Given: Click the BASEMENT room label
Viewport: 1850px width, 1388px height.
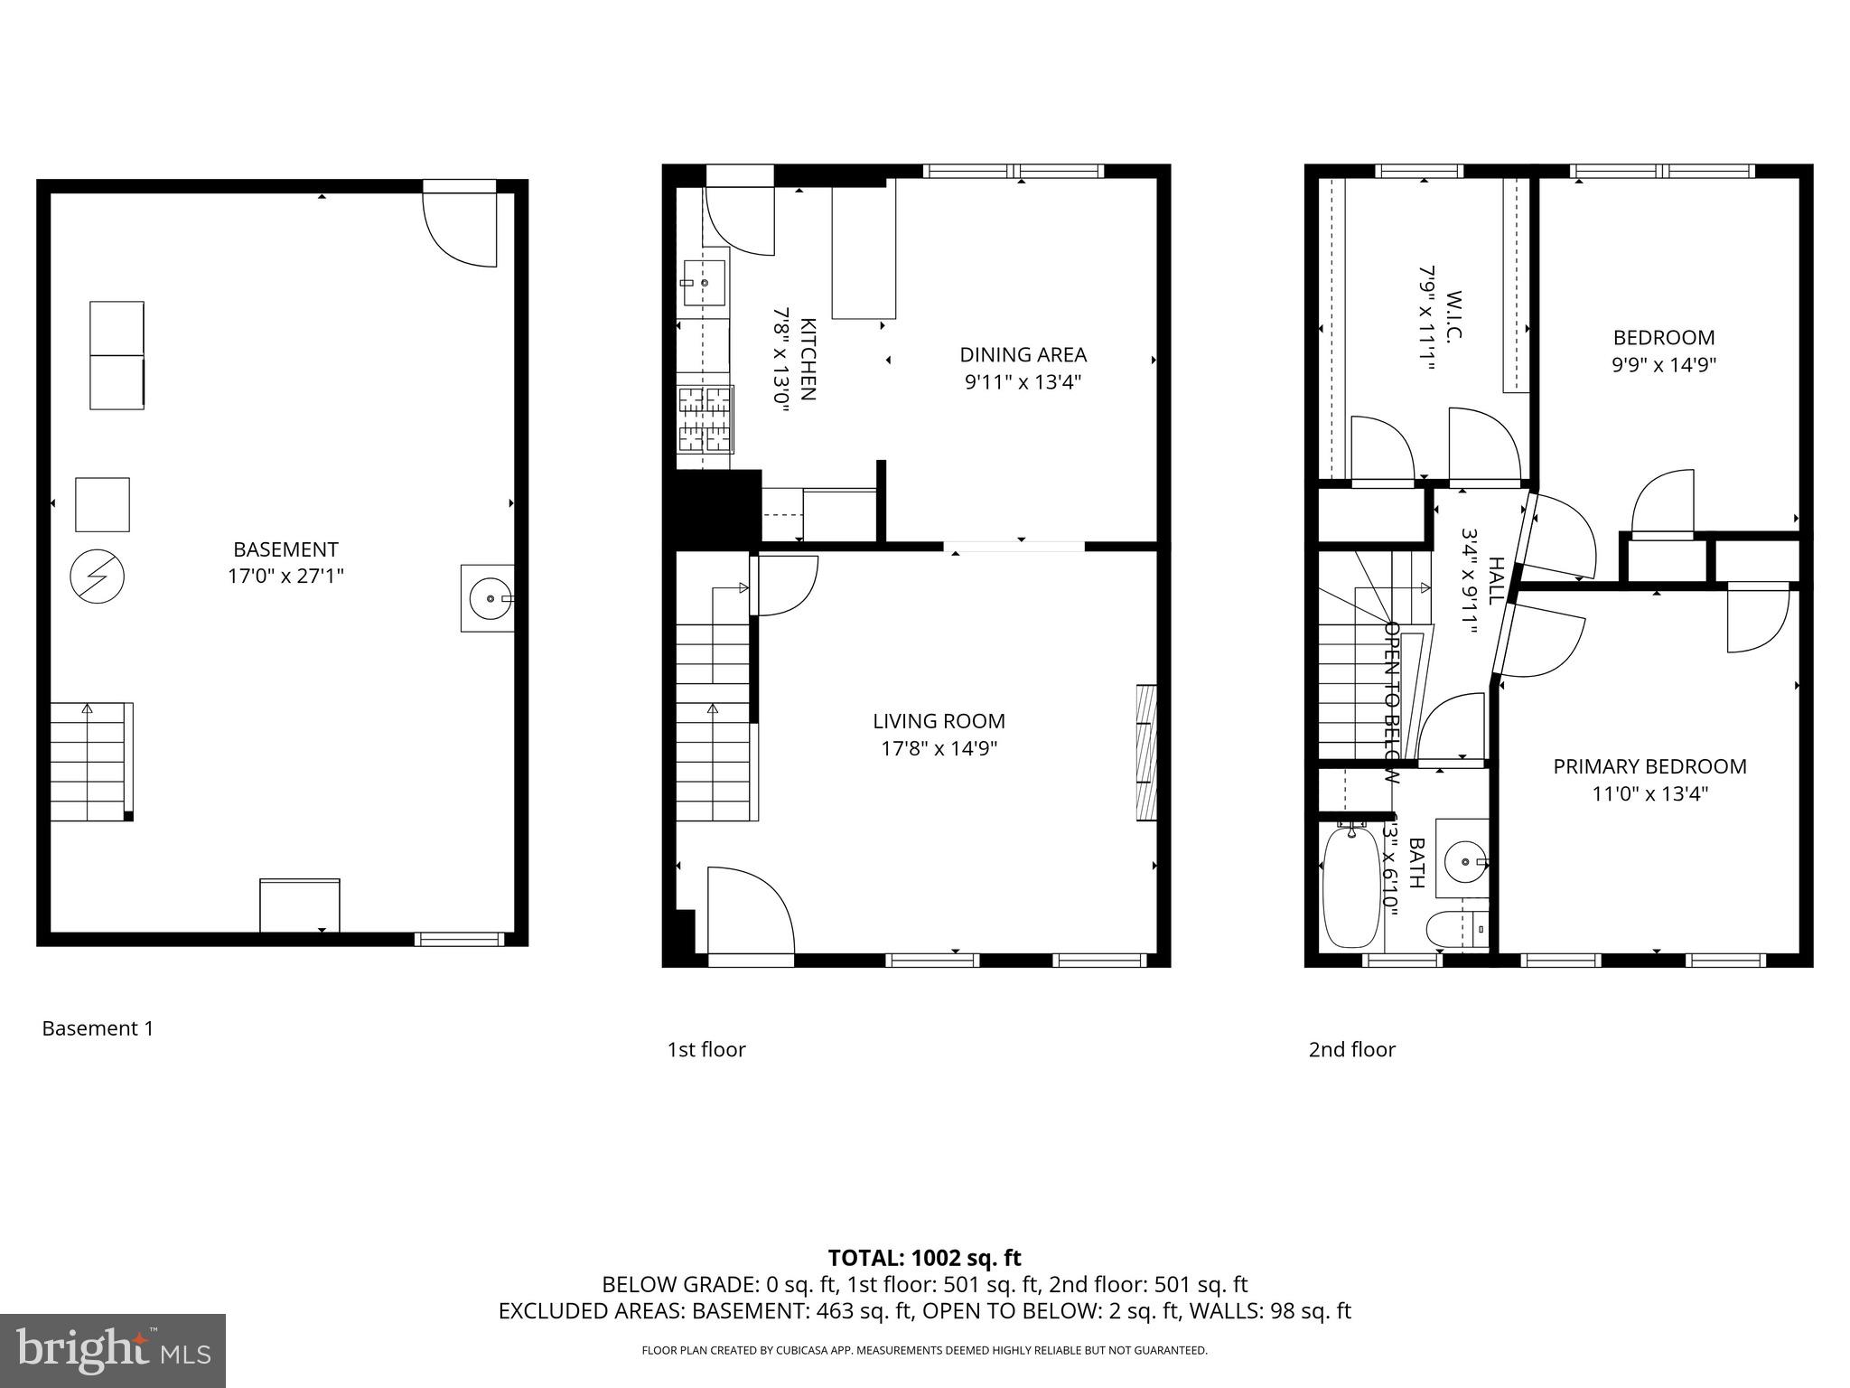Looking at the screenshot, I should (285, 549).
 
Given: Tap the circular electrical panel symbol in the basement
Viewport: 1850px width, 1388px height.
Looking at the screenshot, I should (97, 577).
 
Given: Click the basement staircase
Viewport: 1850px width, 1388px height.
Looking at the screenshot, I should (89, 762).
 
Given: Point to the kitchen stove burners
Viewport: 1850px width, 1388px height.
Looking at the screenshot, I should (705, 419).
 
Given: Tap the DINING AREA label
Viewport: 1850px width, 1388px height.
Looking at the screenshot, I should (1023, 354).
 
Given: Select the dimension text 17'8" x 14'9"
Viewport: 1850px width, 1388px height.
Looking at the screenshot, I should (939, 748).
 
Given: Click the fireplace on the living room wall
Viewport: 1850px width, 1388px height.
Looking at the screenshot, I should (1145, 753).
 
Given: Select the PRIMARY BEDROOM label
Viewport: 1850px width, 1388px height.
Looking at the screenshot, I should (1649, 766).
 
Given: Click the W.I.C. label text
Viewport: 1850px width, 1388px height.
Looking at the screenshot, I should (1453, 316).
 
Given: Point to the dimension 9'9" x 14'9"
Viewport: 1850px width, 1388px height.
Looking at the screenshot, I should (1664, 365).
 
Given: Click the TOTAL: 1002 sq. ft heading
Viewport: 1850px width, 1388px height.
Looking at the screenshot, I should (924, 1258).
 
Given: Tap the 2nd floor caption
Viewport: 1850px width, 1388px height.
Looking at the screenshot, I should (1351, 1049).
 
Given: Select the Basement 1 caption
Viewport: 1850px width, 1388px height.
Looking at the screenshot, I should (98, 1028).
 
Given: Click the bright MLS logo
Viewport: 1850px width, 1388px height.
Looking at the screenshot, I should (112, 1350).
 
